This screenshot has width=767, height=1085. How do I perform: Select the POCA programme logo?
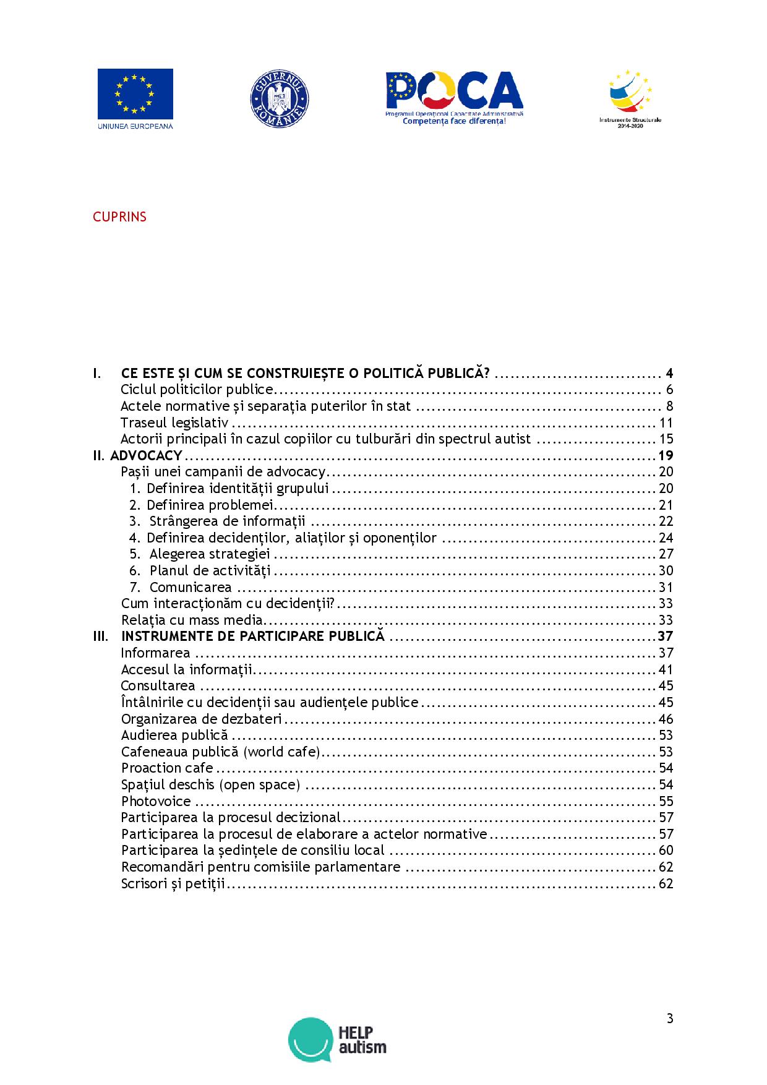point(454,98)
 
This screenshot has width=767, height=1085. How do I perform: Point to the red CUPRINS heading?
point(119,217)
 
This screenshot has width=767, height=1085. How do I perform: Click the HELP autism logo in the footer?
point(337,1039)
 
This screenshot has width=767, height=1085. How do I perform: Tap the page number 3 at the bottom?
point(670,1019)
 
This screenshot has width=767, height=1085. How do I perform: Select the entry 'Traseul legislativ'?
point(174,423)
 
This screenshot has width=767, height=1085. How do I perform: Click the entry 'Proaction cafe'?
point(167,768)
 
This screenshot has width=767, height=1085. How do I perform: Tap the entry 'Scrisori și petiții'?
point(173,883)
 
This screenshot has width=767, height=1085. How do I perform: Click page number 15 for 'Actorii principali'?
point(666,439)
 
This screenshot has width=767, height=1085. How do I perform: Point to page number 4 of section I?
point(669,373)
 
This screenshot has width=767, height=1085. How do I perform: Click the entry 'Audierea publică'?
point(174,735)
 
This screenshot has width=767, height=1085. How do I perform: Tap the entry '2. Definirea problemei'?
point(192,505)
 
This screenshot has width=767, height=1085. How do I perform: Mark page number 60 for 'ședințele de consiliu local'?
point(666,851)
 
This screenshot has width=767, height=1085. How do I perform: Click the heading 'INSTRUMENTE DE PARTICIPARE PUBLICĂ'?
point(252,637)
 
